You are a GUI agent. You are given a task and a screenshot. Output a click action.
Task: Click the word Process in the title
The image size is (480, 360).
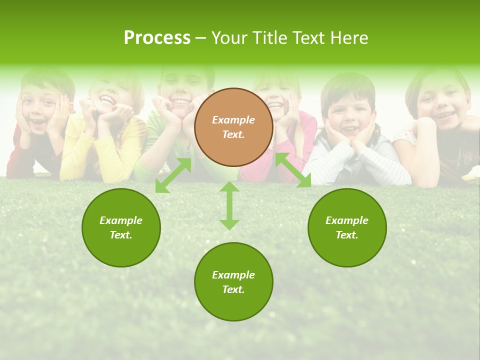157,38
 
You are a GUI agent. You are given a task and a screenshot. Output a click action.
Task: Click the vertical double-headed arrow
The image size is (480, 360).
229,205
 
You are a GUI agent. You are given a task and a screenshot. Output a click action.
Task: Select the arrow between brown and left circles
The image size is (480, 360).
173,175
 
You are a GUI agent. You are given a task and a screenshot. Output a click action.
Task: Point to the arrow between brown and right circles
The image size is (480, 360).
293,170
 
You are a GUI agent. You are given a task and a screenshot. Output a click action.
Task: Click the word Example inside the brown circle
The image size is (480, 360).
233,120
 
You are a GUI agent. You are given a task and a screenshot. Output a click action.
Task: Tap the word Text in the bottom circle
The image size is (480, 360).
232,289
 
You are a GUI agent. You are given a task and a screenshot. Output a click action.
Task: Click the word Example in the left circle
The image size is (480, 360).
121,220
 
